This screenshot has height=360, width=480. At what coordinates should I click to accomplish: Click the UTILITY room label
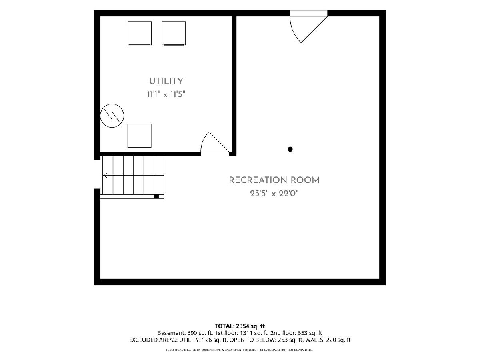[x=166, y=81]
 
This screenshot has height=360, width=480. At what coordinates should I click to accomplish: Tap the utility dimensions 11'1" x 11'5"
[x=166, y=94]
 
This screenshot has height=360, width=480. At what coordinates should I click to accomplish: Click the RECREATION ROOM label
[x=274, y=180]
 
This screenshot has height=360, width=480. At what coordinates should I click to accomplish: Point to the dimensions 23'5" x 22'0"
[x=274, y=194]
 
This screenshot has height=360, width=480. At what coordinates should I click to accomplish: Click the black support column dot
[x=290, y=149]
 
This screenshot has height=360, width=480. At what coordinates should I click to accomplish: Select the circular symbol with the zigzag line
[x=112, y=116]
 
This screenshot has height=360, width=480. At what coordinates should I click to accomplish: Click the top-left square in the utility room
[x=140, y=33]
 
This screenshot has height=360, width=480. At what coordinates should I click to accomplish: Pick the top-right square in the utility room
[x=174, y=33]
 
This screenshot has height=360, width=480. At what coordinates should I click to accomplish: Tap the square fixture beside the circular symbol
[x=140, y=136]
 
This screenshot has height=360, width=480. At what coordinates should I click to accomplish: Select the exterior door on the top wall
[x=308, y=26]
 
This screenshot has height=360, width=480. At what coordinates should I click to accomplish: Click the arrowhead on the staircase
[x=105, y=175]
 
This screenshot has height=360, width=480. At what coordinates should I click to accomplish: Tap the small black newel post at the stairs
[x=156, y=196]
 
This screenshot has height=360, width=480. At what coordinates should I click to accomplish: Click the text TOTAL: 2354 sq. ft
[x=240, y=326]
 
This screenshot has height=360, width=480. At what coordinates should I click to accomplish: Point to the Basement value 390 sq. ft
[x=200, y=333]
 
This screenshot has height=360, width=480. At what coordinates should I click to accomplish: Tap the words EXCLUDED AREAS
[x=153, y=340]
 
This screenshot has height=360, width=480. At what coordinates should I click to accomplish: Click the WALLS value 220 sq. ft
[x=338, y=340]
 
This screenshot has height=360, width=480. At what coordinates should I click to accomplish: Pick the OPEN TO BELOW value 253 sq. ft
[x=290, y=340]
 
